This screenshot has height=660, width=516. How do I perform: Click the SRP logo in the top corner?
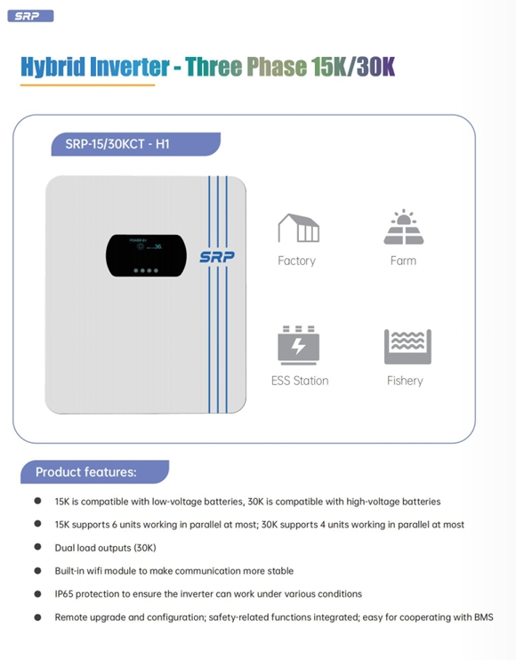pos(30,16)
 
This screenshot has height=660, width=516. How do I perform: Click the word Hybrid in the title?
pos(53,68)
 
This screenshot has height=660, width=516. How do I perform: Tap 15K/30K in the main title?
pos(353,67)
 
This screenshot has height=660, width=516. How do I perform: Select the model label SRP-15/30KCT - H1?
pos(117,144)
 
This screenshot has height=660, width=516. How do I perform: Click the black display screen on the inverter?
pos(146,255)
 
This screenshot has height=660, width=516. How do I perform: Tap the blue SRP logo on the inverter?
pos(217,257)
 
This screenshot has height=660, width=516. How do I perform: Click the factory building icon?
pos(298,228)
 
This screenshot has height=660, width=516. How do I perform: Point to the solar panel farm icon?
pos(404,227)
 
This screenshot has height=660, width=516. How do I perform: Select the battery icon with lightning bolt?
pos(298,345)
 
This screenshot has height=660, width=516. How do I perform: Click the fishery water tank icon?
pos(407,347)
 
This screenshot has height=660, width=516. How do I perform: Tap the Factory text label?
pos(297,261)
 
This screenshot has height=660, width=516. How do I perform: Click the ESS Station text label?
pos(300,381)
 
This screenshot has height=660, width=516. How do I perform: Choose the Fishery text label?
pos(405,381)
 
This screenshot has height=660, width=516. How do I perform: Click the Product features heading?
pos(86,471)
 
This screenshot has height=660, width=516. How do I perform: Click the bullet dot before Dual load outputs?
pos(38,547)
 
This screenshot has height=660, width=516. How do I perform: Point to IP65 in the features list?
pos(64,594)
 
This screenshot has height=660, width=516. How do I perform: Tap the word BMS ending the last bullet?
pos(484,617)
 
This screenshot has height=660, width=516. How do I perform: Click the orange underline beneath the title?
pos(87,85)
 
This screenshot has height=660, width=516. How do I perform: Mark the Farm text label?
pos(403,261)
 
